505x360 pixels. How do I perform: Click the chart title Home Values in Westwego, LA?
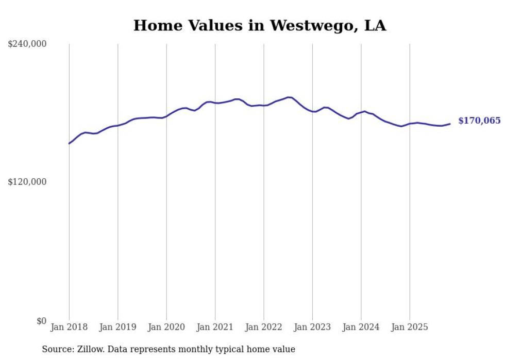pyautogui.click(x=259, y=25)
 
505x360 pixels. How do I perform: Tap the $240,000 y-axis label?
pyautogui.click(x=27, y=44)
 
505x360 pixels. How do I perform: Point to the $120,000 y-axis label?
pyautogui.click(x=27, y=182)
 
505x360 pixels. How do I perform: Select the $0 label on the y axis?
pyautogui.click(x=41, y=321)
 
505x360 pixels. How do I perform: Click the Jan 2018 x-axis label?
pyautogui.click(x=69, y=327)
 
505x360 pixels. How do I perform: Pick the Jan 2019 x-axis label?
pyautogui.click(x=117, y=327)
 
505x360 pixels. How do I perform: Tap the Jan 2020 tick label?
pyautogui.click(x=166, y=327)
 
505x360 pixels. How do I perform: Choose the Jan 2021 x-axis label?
pyautogui.click(x=215, y=327)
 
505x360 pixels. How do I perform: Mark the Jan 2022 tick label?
pyautogui.click(x=264, y=327)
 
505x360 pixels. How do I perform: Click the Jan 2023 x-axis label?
pyautogui.click(x=312, y=327)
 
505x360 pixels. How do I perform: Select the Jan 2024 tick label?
pyautogui.click(x=361, y=327)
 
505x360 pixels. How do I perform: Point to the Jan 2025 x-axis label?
pyautogui.click(x=410, y=327)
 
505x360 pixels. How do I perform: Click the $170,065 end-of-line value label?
pyautogui.click(x=479, y=121)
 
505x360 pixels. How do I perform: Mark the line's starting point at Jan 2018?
pyautogui.click(x=69, y=143)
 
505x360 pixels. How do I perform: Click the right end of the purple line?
pyautogui.click(x=450, y=124)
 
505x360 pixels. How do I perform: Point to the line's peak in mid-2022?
pyautogui.click(x=290, y=97)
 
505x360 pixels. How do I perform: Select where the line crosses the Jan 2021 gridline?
pyautogui.click(x=215, y=103)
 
